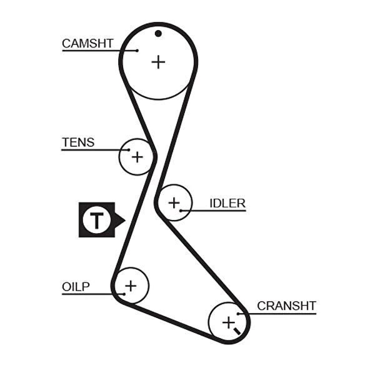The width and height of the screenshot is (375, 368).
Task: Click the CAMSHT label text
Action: (87, 43)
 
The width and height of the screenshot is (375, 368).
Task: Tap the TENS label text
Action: (78, 142)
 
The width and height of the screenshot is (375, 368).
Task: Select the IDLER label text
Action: (227, 203)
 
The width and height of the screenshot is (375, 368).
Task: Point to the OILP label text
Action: (76, 287)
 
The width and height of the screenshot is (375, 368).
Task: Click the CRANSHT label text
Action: (286, 306)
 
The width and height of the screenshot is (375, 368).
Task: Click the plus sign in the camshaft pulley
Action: (159, 61)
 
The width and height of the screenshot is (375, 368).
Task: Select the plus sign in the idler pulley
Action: (173, 202)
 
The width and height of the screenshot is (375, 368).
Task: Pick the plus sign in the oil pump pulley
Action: (130, 286)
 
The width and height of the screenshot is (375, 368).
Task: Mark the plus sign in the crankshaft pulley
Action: (228, 322)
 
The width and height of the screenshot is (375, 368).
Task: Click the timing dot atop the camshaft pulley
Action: (159, 33)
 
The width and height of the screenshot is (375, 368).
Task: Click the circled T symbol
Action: (96, 219)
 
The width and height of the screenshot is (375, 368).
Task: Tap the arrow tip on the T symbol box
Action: (124, 219)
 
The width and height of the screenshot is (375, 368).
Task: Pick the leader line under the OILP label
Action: (87, 294)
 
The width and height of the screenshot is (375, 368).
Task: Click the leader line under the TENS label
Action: (94, 150)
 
